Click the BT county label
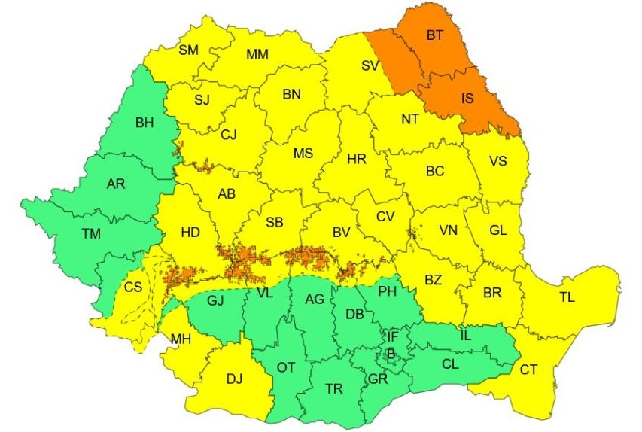[435, 35]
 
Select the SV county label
[369, 65]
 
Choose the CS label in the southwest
[133, 287]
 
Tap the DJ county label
[236, 378]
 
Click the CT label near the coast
[528, 369]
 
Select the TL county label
[566, 297]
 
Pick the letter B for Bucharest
[390, 352]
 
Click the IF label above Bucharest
[393, 335]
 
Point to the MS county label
[303, 154]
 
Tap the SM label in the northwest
[188, 50]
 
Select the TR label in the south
[334, 388]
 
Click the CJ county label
[229, 135]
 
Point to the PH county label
[387, 291]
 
